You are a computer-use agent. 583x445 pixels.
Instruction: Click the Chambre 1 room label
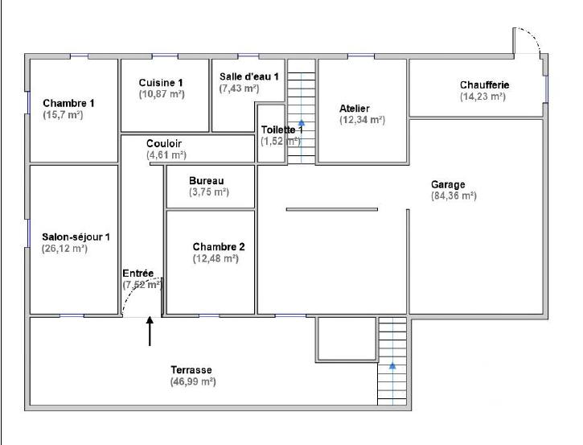68,103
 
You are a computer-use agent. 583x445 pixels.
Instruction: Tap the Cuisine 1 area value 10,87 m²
161,94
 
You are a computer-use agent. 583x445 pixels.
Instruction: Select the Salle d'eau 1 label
248,76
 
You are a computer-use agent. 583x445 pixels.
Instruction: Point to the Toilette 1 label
281,130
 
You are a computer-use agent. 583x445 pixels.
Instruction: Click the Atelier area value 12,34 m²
362,120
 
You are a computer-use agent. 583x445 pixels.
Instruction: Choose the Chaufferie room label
484,84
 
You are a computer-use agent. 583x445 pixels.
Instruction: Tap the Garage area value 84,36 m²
454,196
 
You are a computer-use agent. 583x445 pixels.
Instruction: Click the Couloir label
163,143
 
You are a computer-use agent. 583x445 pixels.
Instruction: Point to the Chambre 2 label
219,247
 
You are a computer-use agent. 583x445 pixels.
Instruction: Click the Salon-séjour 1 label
75,237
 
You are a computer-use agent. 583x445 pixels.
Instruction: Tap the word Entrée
138,274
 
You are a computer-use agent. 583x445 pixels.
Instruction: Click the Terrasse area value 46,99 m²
192,381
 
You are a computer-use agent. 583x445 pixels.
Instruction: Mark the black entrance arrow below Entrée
150,332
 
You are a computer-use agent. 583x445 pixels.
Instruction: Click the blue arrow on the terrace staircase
392,365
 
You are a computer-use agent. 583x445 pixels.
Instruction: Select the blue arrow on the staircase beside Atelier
302,102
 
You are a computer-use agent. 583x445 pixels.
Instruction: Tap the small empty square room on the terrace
346,338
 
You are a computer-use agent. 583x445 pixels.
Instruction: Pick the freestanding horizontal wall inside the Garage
331,209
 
